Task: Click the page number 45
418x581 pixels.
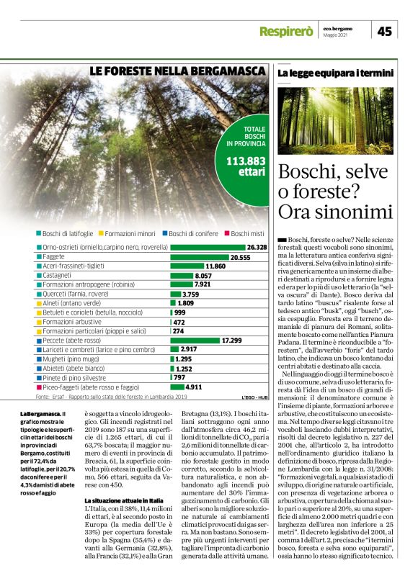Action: coord(385,31)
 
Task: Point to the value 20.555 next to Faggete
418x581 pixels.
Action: coord(239,256)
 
